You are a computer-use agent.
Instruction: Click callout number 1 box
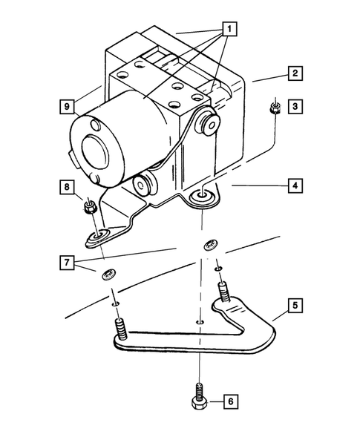231,30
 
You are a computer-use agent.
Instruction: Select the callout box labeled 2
295,73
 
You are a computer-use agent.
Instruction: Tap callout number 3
295,107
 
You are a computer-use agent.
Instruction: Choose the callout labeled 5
295,305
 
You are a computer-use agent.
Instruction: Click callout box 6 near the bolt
231,401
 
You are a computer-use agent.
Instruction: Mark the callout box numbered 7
66,263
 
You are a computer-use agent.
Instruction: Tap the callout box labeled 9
66,107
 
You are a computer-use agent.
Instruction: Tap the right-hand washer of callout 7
210,246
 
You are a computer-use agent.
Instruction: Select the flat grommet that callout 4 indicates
200,197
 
